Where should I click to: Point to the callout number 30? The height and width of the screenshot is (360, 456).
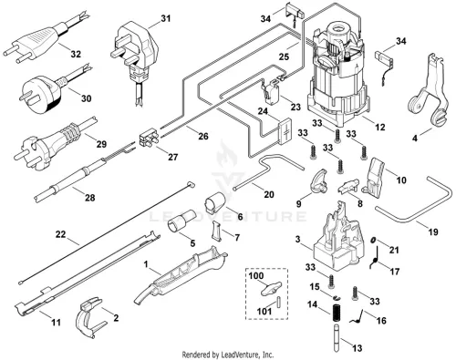coord(86,98)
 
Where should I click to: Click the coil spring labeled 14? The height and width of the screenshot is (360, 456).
coord(337,314)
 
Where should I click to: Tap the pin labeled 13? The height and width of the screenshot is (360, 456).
coord(337,337)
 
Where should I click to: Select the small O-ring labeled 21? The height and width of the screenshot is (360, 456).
coord(373,241)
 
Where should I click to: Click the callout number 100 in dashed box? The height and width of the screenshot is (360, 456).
coord(256,276)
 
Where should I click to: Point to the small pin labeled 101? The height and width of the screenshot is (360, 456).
coord(278,302)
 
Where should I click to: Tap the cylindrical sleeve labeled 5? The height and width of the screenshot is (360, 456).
coord(181,220)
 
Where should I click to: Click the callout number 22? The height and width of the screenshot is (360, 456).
coord(60,234)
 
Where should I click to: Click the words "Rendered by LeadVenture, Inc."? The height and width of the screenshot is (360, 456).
coord(228,355)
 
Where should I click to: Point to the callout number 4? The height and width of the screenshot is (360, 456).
coord(415,139)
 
